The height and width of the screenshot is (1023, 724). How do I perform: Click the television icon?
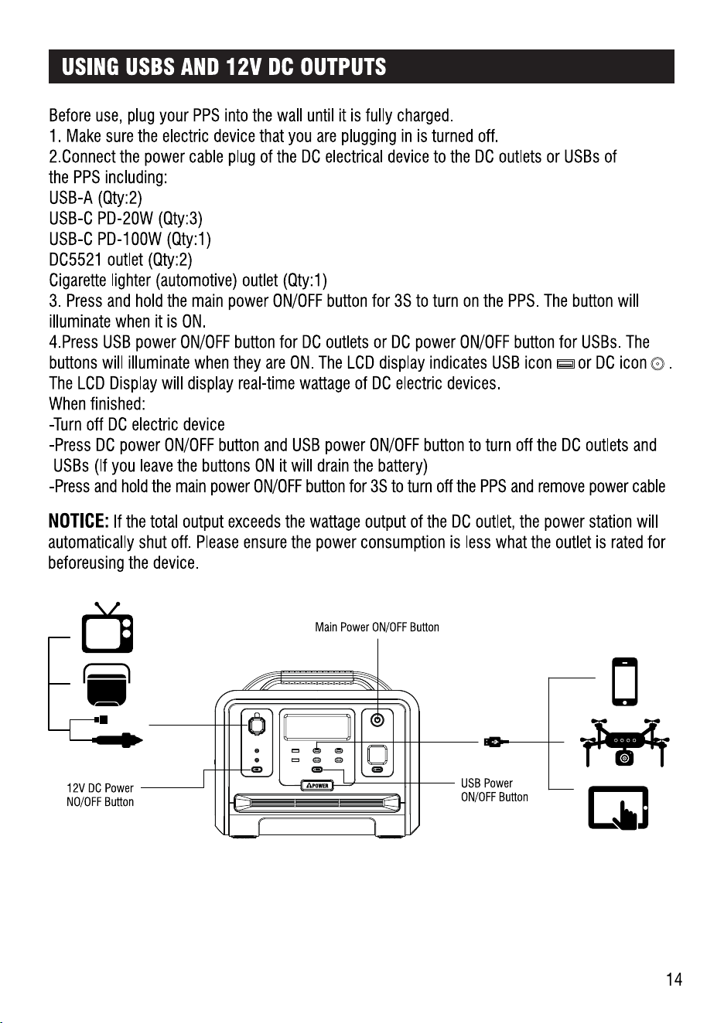tap(108, 627)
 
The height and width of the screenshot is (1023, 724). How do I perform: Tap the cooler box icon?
tap(107, 685)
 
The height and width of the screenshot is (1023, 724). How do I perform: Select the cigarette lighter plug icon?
tap(118, 740)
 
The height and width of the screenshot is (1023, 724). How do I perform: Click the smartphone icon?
tap(624, 681)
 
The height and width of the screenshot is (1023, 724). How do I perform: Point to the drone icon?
tap(624, 742)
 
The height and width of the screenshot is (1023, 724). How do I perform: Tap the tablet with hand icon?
tap(618, 808)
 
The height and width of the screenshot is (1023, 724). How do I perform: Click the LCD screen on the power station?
tap(317, 726)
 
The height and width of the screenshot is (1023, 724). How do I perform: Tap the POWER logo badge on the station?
tap(317, 786)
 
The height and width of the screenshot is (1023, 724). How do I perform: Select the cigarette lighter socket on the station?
tap(257, 725)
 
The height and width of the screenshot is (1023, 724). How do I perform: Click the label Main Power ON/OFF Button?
tap(377, 627)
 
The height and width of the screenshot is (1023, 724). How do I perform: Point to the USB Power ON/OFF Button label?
tap(494, 790)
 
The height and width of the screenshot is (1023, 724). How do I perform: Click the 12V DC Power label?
tap(100, 788)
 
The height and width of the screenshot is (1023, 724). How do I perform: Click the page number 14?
tap(674, 979)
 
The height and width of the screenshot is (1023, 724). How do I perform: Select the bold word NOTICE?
tap(78, 521)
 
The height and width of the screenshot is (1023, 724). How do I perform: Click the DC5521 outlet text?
tap(96, 260)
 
